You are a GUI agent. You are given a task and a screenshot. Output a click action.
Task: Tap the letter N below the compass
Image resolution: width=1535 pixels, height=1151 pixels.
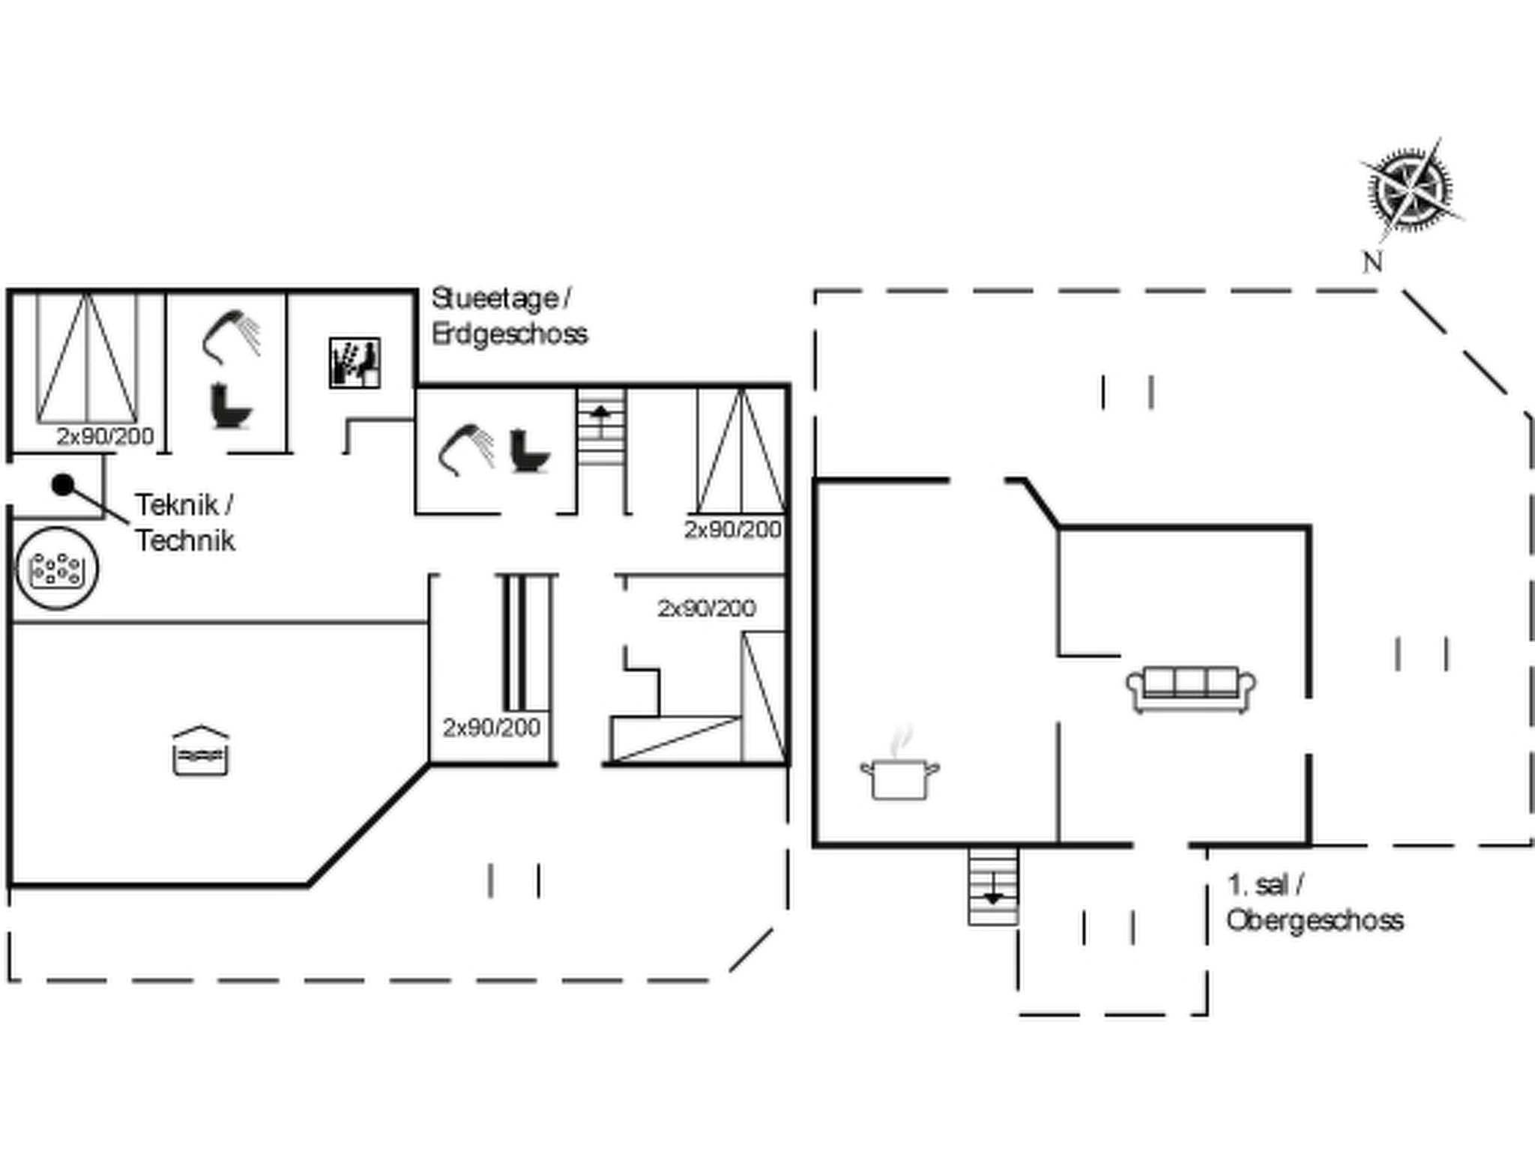coord(1372,262)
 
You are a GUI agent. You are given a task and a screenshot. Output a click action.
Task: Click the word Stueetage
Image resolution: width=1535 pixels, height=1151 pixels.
coord(495,300)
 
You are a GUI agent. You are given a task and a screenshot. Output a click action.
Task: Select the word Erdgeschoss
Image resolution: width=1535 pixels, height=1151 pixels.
coord(510,333)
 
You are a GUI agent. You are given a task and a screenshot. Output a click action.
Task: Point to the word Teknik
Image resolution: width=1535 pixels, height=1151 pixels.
coord(177,505)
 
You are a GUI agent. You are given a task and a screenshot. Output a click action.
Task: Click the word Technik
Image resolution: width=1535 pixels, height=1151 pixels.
coord(185,540)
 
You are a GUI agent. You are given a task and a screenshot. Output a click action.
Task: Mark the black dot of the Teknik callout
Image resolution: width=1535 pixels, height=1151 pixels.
coord(63,486)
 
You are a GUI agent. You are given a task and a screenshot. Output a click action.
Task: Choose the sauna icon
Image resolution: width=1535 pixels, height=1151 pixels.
coord(355,363)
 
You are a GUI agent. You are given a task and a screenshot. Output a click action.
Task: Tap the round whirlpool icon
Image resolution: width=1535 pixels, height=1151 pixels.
coord(57,569)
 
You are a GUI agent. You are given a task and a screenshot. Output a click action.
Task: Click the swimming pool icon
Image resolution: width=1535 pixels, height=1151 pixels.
coord(200,750)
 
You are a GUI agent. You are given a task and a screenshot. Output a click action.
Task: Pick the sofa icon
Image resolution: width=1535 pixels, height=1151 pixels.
coord(1192,689)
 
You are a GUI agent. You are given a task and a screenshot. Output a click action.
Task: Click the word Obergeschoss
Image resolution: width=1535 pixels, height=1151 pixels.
coord(1315,920)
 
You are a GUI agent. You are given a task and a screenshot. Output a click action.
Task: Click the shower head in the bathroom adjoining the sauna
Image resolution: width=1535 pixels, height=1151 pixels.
coord(232,336)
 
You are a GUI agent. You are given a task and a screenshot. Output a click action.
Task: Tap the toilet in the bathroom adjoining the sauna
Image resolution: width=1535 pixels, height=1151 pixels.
coord(231,405)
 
